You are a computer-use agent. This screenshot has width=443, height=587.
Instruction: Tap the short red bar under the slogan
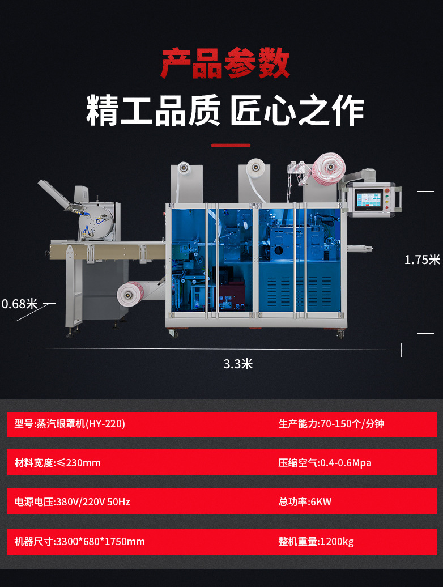(x=231, y=146)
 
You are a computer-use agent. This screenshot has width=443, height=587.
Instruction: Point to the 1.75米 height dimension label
(x=422, y=260)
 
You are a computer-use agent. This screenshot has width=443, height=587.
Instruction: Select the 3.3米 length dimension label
(x=238, y=364)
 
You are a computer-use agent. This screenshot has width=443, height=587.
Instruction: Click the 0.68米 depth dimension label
(x=19, y=304)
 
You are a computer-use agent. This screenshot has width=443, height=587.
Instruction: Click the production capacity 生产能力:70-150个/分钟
(x=331, y=424)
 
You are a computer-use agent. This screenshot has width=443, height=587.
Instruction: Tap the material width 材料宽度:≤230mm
(x=58, y=462)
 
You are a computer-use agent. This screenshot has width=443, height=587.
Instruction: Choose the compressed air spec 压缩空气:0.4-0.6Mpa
(x=325, y=462)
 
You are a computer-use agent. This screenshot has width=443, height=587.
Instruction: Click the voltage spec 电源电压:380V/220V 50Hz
(x=73, y=501)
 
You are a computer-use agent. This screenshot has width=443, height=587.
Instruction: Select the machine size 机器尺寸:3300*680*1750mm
(x=80, y=542)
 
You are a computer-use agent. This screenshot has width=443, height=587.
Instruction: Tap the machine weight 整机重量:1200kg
(x=316, y=542)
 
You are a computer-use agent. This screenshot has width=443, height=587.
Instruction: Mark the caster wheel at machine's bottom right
(x=340, y=334)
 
